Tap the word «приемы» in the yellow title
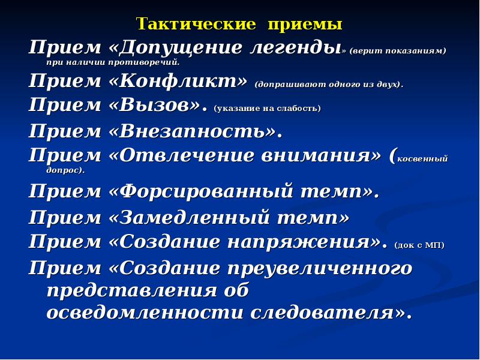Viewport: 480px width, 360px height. (304, 25)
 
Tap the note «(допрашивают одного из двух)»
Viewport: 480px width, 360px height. (329, 85)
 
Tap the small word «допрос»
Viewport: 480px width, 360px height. (64, 170)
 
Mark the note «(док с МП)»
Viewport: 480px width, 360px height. (419, 245)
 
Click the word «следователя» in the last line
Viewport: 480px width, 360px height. (329, 313)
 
